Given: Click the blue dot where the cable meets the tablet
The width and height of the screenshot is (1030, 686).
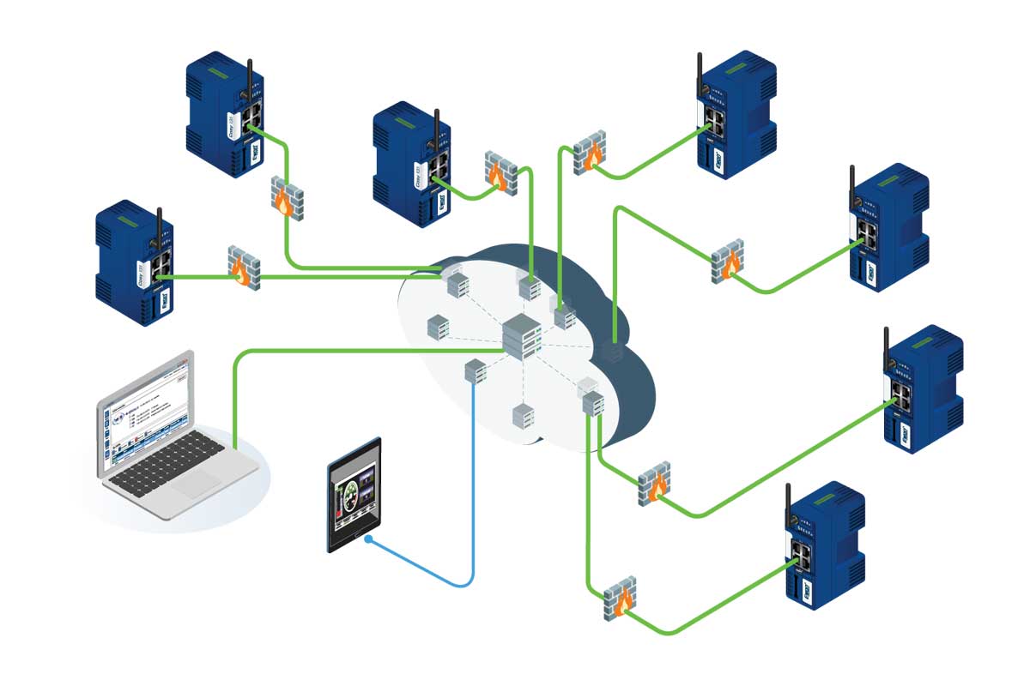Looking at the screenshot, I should click(x=368, y=540).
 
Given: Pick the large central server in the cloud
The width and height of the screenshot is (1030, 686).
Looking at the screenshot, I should click(x=522, y=334).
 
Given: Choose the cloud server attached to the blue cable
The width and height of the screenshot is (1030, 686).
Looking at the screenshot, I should click(x=476, y=370).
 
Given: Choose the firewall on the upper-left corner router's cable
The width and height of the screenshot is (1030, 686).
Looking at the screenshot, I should click(x=287, y=198).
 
